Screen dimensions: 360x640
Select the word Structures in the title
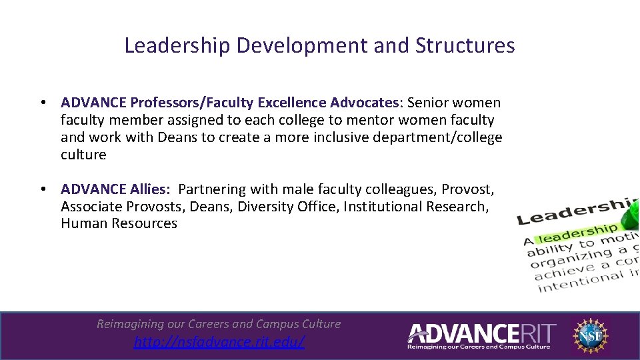click(465, 45)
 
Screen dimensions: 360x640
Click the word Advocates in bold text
click(365, 103)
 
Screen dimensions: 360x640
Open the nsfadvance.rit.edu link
click(219, 342)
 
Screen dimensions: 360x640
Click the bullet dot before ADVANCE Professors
click(42, 103)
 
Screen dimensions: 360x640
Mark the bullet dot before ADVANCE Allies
click(42, 190)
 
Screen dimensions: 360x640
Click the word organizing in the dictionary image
click(563, 257)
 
